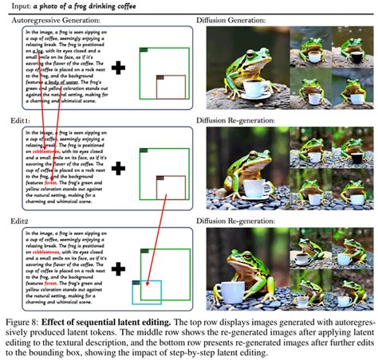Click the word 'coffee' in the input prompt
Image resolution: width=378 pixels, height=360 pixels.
click(x=105, y=6)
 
